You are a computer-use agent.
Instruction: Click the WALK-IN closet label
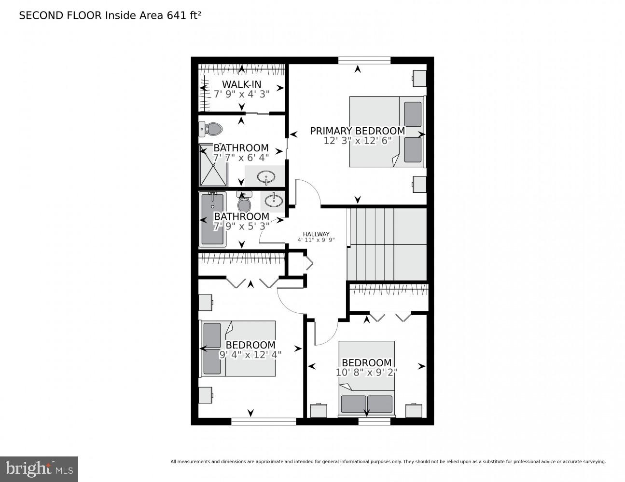[x=241, y=85]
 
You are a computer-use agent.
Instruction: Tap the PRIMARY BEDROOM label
[x=357, y=131]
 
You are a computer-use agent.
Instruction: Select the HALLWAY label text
[x=316, y=234]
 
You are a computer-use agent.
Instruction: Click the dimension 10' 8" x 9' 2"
[x=366, y=372]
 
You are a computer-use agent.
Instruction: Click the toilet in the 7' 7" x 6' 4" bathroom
[x=210, y=129]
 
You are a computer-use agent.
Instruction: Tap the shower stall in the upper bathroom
[x=212, y=165]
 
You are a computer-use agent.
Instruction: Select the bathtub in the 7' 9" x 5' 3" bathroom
[x=212, y=219]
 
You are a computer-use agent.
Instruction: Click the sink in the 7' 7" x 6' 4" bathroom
[x=265, y=177]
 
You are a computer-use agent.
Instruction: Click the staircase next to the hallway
[x=387, y=244]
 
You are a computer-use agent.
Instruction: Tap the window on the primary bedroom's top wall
[x=364, y=60]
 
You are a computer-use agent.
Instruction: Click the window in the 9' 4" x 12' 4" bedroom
[x=264, y=421]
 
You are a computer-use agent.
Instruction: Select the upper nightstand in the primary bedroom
[x=419, y=78]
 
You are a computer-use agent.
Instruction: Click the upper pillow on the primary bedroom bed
[x=413, y=114]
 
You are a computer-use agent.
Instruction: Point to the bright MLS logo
[x=39, y=469]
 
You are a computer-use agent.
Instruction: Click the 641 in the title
[x=177, y=15]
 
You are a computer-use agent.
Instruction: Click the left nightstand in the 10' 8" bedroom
[x=319, y=411]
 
